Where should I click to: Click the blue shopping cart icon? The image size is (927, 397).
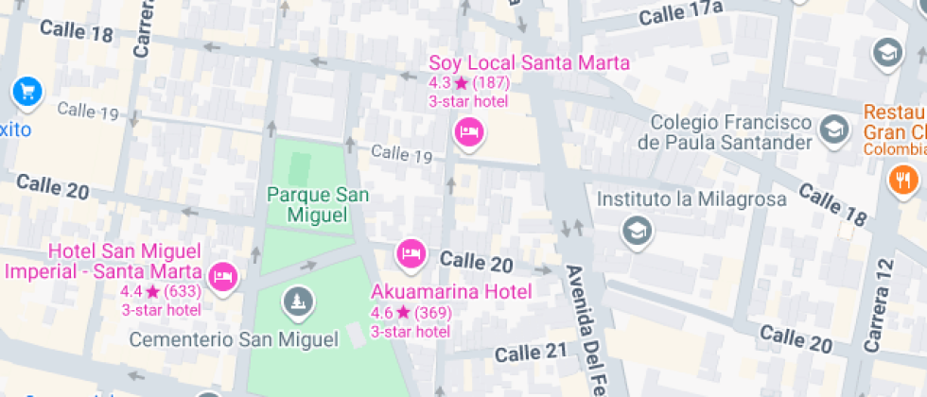tap(26, 93)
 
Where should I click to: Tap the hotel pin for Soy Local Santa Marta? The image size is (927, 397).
tap(467, 131)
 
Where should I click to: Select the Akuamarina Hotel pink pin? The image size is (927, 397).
tap(411, 252)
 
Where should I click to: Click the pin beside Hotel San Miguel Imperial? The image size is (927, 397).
tap(223, 275)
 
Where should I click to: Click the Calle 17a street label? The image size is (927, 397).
tap(680, 13)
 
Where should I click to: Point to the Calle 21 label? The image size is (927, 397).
tap(530, 353)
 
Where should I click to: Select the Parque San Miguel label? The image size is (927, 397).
tap(318, 204)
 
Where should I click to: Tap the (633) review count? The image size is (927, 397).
tap(183, 291)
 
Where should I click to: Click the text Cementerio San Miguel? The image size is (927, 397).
tap(233, 339)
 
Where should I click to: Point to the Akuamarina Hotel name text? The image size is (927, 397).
tap(451, 290)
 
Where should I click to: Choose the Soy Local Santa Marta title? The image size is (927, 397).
tap(529, 63)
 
